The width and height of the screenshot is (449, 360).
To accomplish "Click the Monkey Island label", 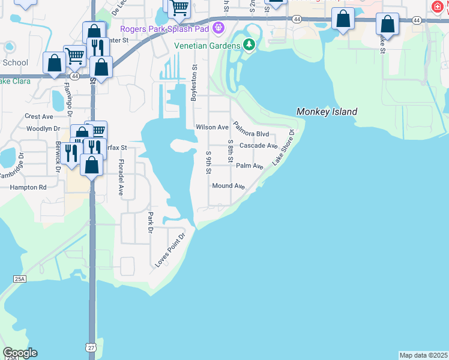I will (x=327, y=112).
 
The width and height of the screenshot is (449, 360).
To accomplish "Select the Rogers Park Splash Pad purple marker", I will (x=218, y=28).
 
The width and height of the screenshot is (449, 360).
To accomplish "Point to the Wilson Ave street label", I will (x=212, y=127).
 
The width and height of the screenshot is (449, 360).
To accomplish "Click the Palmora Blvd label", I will (x=251, y=130).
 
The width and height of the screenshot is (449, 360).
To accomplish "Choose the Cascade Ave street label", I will (x=258, y=146).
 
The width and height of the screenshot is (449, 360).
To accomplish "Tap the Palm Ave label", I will (x=249, y=166).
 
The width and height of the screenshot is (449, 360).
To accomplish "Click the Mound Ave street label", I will (x=228, y=186).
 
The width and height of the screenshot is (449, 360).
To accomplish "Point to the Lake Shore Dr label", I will (x=283, y=148).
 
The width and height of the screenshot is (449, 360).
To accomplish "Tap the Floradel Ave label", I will (x=121, y=178).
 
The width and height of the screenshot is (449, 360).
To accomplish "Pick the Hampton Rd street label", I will (x=28, y=187).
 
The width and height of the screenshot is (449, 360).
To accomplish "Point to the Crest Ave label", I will (x=39, y=116).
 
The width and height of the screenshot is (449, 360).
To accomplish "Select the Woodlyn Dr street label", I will (x=43, y=128).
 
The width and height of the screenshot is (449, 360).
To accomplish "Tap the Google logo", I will (x=20, y=353).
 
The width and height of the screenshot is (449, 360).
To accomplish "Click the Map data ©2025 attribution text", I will (x=424, y=355).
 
